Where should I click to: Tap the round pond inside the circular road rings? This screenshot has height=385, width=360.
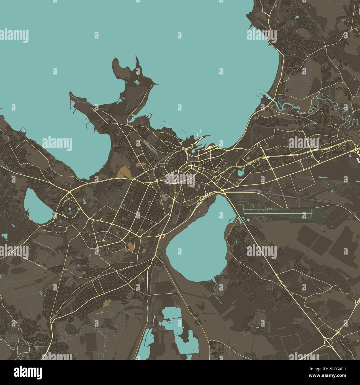click(x=70, y=209)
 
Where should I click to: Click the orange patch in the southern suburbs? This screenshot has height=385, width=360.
click(x=107, y=303)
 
